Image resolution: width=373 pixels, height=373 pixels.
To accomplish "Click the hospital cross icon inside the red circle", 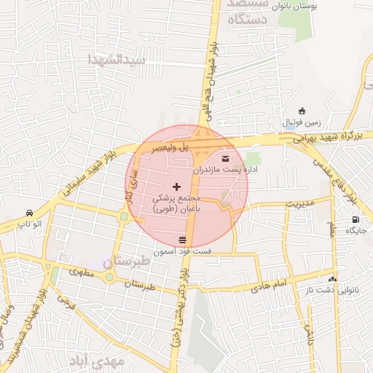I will tap(177, 188).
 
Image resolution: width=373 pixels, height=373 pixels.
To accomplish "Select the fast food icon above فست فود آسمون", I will tap(181, 240).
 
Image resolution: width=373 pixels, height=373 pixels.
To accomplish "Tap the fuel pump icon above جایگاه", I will tap(356, 219).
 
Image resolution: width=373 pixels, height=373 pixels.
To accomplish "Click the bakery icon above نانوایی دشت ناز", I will tap(332, 278).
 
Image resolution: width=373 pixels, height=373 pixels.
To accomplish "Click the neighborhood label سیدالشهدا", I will tap(117, 58).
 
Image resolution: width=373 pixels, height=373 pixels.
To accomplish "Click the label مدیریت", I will tap(299, 203).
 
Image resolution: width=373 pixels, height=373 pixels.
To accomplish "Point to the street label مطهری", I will tap(82, 271).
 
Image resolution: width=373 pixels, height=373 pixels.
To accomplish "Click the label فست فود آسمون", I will tap(189, 251).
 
